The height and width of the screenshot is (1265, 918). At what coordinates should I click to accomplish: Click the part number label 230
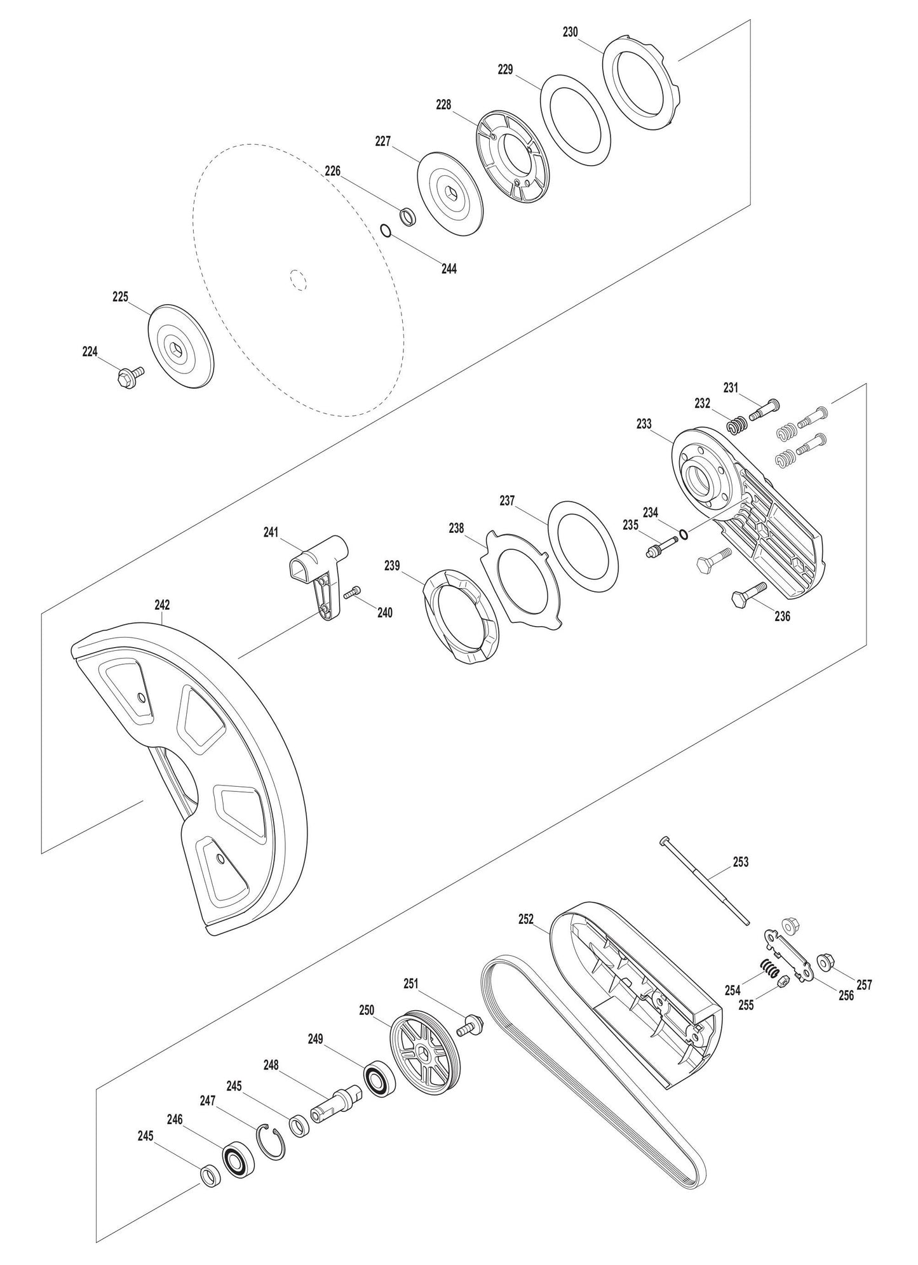(x=570, y=32)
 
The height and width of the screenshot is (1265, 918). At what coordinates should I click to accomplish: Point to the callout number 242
(x=162, y=605)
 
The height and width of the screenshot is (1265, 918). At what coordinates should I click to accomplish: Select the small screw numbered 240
(x=352, y=592)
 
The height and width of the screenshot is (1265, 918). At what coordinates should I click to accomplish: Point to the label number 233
(x=644, y=424)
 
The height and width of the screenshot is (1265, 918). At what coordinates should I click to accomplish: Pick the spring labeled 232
(x=736, y=425)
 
